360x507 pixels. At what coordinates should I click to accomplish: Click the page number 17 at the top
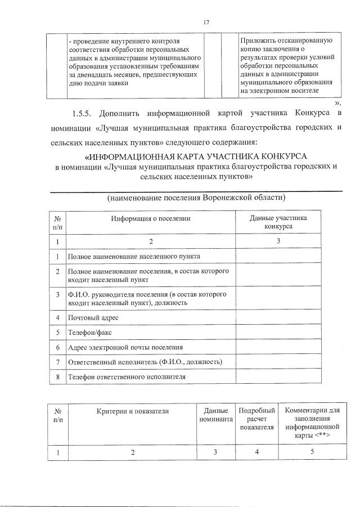(x=206, y=22)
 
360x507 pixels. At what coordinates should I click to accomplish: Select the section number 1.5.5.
(x=82, y=114)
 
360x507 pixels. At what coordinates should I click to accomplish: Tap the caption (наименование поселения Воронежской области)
(x=196, y=198)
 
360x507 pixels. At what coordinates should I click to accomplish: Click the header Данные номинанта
(x=215, y=415)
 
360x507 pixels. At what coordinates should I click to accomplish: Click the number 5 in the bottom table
(x=312, y=452)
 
